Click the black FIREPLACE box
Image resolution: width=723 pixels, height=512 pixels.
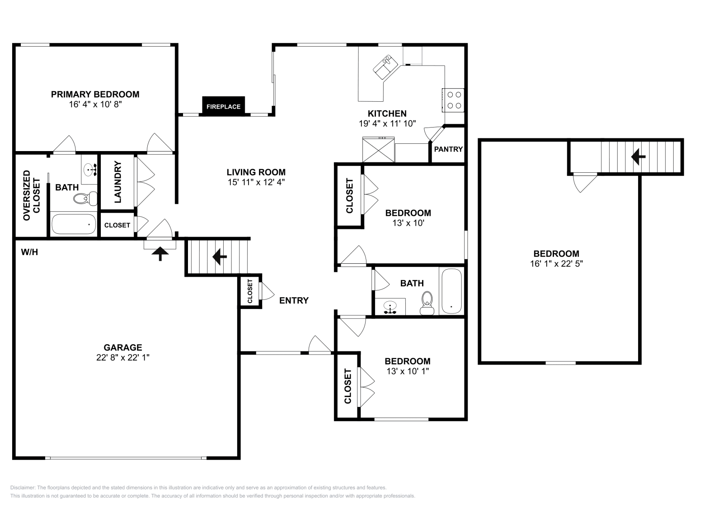click(x=223, y=106)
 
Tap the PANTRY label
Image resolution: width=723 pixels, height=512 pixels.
click(x=448, y=149)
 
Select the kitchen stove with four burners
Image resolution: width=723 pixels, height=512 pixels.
click(x=454, y=100)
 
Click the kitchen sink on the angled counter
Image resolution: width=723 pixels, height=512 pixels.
click(x=386, y=67)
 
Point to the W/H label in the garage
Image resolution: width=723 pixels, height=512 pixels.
click(x=29, y=252)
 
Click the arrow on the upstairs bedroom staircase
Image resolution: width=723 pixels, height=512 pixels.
click(x=638, y=157)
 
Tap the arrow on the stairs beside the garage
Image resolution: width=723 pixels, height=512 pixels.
click(x=220, y=257)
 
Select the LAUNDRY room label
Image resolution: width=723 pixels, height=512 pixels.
click(x=117, y=182)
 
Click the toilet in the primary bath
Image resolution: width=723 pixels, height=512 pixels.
click(x=85, y=199)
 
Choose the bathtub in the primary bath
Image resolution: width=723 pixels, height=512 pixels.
click(x=74, y=224)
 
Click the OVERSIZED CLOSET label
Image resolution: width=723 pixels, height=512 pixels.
click(x=31, y=195)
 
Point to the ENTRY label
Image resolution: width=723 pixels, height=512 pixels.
click(x=294, y=300)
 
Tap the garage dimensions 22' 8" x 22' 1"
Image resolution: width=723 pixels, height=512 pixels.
click(x=122, y=357)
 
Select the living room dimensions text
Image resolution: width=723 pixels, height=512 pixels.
click(x=256, y=182)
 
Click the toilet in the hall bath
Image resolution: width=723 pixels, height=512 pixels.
click(x=427, y=303)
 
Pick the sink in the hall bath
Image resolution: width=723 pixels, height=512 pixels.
click(x=390, y=307)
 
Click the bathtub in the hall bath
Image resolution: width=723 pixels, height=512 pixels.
click(x=451, y=291)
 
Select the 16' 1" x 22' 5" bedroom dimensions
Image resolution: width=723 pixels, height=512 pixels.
click(x=556, y=264)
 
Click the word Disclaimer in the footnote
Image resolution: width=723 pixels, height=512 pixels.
click(x=23, y=488)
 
